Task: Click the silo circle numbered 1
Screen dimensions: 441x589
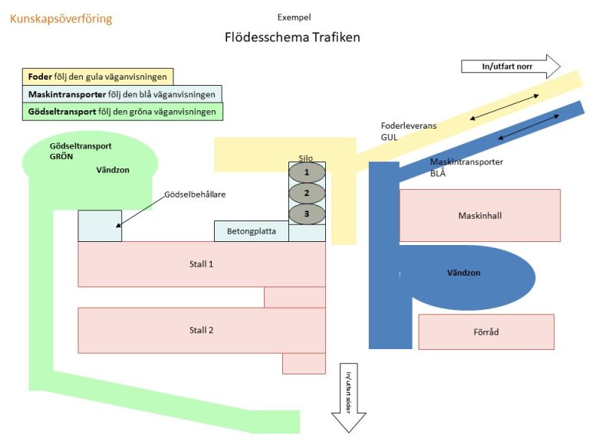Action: (307, 172)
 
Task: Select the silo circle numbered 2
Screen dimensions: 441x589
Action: (307, 193)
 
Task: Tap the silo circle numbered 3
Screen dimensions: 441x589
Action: (307, 213)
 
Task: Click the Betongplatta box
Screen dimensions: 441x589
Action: (252, 230)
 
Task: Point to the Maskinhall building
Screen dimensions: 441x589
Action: (480, 215)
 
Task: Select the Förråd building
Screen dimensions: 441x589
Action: (486, 332)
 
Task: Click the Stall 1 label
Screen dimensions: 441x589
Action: (201, 264)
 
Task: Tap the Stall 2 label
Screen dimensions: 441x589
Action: (201, 330)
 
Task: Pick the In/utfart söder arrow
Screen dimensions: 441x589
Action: (348, 397)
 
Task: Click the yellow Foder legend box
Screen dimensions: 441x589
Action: (97, 77)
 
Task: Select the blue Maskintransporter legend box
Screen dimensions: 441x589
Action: (122, 94)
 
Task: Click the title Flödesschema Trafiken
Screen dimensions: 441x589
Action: (292, 37)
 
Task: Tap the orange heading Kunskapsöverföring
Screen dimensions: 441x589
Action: (61, 18)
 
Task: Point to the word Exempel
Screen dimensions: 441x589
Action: (294, 17)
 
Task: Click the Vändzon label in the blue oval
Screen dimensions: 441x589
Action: (464, 273)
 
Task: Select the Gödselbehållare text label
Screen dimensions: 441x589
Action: (195, 194)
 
